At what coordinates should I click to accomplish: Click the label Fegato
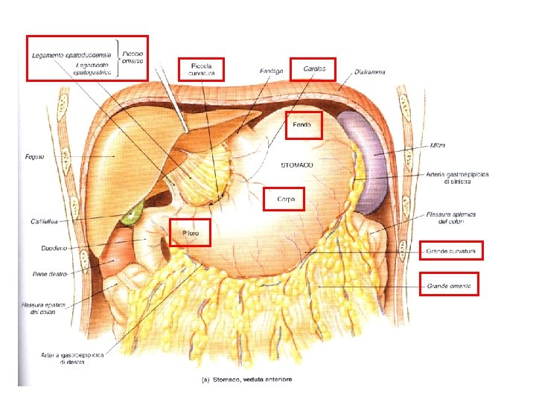point(34,156)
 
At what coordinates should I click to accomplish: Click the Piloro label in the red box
point(190,234)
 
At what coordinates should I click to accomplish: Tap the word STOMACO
point(296,164)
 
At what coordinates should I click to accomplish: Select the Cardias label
point(314,68)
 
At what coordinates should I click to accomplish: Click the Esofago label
point(271,71)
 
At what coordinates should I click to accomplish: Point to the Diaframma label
point(370,71)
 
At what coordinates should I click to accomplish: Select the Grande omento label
point(450,286)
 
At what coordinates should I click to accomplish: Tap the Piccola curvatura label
point(201,69)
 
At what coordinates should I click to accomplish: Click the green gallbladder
point(133,214)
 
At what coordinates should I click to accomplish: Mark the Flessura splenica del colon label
point(451,218)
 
